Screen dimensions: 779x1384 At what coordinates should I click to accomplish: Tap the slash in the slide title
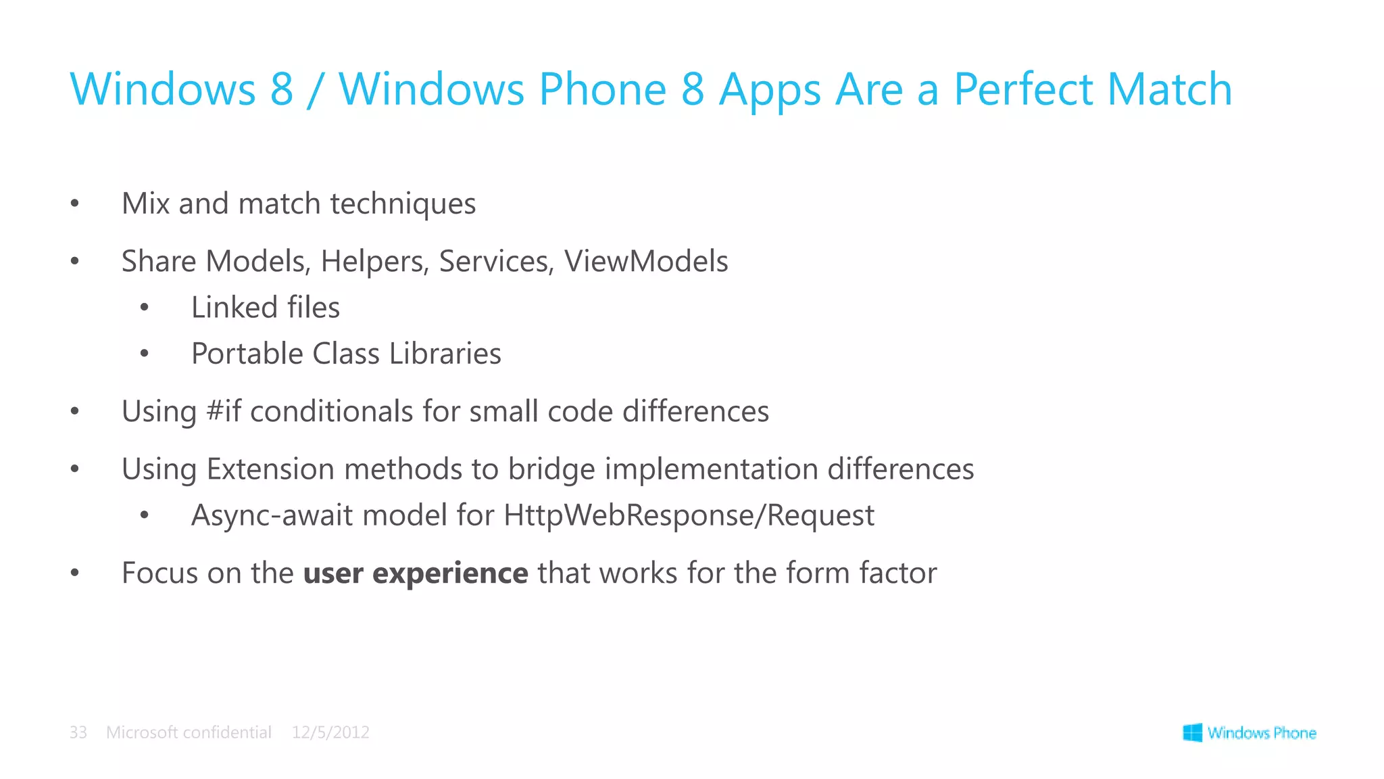click(x=314, y=91)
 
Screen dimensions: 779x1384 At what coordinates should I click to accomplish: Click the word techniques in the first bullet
click(x=403, y=204)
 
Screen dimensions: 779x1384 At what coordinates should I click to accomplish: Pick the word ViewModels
click(x=646, y=262)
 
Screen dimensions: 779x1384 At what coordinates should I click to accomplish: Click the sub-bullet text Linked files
click(x=265, y=308)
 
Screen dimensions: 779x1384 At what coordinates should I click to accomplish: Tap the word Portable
click(x=247, y=354)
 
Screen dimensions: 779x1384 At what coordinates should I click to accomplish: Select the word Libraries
click(x=445, y=354)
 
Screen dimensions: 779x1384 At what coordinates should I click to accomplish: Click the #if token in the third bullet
click(x=224, y=411)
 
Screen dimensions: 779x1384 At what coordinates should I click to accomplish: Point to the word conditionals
click(x=331, y=411)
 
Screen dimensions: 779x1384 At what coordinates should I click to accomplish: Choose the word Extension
click(x=270, y=469)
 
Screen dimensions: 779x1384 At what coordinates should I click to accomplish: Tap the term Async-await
click(x=272, y=515)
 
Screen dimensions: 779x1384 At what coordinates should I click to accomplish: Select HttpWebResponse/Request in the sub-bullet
click(x=689, y=515)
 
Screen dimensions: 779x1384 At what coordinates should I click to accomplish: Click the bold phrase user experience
click(x=416, y=573)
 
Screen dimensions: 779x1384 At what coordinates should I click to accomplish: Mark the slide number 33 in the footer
click(x=78, y=732)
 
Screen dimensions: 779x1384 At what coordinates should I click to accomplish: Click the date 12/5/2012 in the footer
click(x=330, y=732)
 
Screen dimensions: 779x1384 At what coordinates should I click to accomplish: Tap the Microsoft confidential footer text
click(x=189, y=732)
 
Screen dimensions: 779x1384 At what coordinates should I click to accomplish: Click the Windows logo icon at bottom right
click(x=1192, y=732)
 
